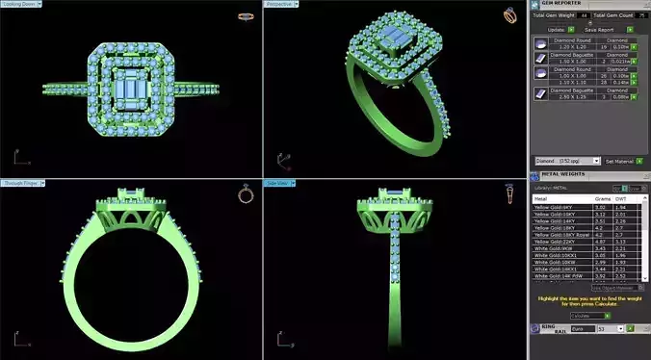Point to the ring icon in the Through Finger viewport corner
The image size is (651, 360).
click(245, 194)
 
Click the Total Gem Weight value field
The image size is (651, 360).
click(583, 15)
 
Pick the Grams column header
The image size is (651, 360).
click(599, 199)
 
